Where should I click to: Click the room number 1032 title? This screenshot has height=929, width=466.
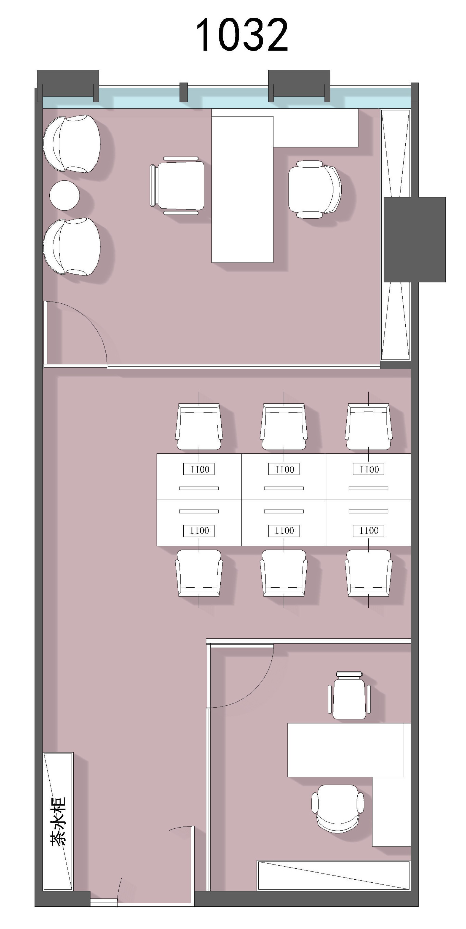242,35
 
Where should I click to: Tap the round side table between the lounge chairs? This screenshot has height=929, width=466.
64,195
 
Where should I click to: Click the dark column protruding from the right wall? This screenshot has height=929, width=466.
415,240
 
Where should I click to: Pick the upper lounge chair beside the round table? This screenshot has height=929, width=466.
72,144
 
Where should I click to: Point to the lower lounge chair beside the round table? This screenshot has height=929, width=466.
72,247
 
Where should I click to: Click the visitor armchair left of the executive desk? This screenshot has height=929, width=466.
177,186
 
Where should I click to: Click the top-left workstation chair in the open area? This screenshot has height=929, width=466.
199,426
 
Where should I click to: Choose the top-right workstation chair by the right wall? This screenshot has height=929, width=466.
368,426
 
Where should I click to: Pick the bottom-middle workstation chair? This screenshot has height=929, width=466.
284,573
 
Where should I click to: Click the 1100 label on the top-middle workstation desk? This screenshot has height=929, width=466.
284,469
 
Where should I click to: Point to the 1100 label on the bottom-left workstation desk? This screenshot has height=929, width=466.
199,531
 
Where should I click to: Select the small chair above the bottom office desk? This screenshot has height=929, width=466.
349,695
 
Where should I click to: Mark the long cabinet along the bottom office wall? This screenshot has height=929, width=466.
334,876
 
